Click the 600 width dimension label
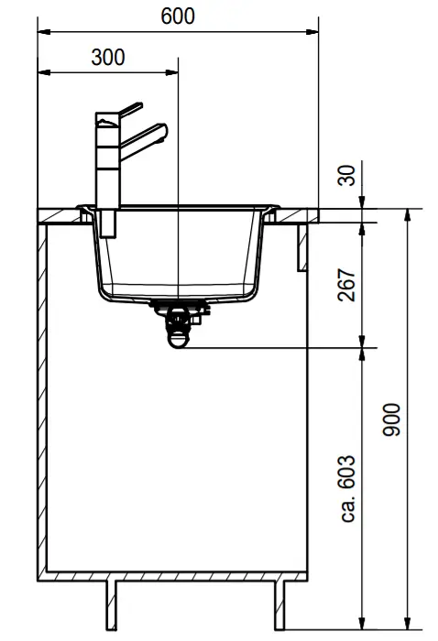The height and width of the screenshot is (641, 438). pyautogui.click(x=178, y=16)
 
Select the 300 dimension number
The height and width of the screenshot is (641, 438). pyautogui.click(x=108, y=57)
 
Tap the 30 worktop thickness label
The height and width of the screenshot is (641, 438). pyautogui.click(x=347, y=176)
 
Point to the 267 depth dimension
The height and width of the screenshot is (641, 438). pyautogui.click(x=347, y=285)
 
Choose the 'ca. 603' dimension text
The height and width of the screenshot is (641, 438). pyautogui.click(x=347, y=488)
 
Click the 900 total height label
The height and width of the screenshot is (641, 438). pyautogui.click(x=391, y=419)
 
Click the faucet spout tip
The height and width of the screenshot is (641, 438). pyautogui.click(x=164, y=132)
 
